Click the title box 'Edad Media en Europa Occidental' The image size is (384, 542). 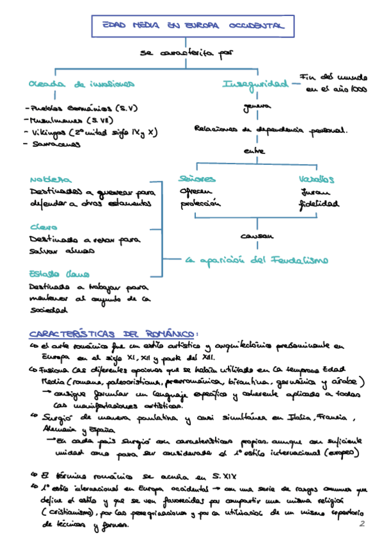tap(193, 27)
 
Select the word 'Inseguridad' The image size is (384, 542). tap(254, 84)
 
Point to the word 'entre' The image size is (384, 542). tap(255, 151)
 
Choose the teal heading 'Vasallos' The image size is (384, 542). tap(316, 179)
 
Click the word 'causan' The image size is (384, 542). tap(257, 236)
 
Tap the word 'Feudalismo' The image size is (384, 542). tap(300, 260)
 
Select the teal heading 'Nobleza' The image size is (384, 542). tap(51, 180)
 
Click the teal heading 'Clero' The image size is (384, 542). tap(44, 227)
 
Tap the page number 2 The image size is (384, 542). tap(362, 524)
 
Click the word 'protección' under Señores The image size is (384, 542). tap(200, 204)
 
